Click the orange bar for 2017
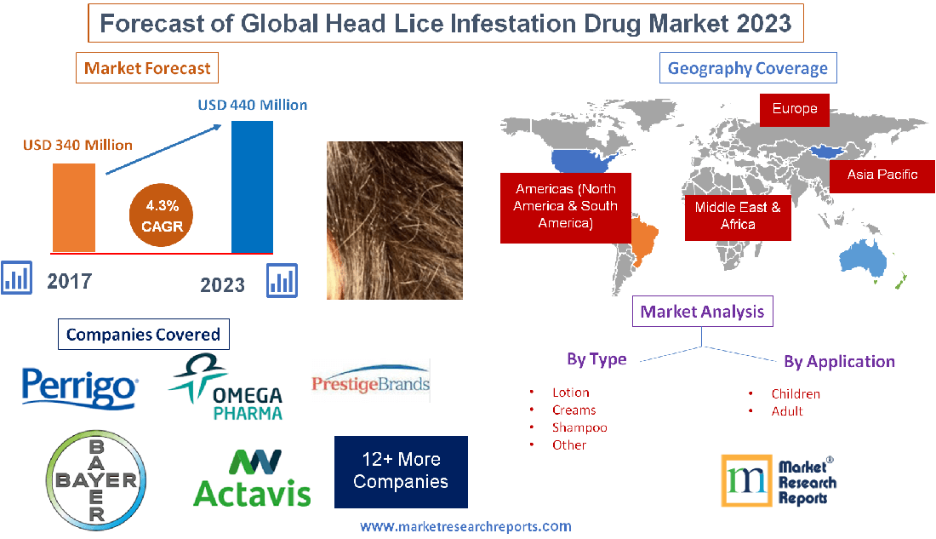tap(74, 207)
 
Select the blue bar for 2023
tap(252, 186)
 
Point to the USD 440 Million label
tap(253, 106)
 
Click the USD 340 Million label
tap(77, 145)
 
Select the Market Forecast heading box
tap(146, 68)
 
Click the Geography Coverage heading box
tap(748, 68)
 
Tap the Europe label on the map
tap(795, 109)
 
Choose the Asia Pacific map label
tap(882, 175)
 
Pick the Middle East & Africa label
tap(738, 215)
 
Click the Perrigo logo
tap(78, 387)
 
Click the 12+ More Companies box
tap(401, 471)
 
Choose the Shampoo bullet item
tap(579, 427)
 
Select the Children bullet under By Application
tap(796, 393)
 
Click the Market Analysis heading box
tap(703, 312)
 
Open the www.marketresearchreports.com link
tap(465, 526)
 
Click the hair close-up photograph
tap(395, 220)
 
